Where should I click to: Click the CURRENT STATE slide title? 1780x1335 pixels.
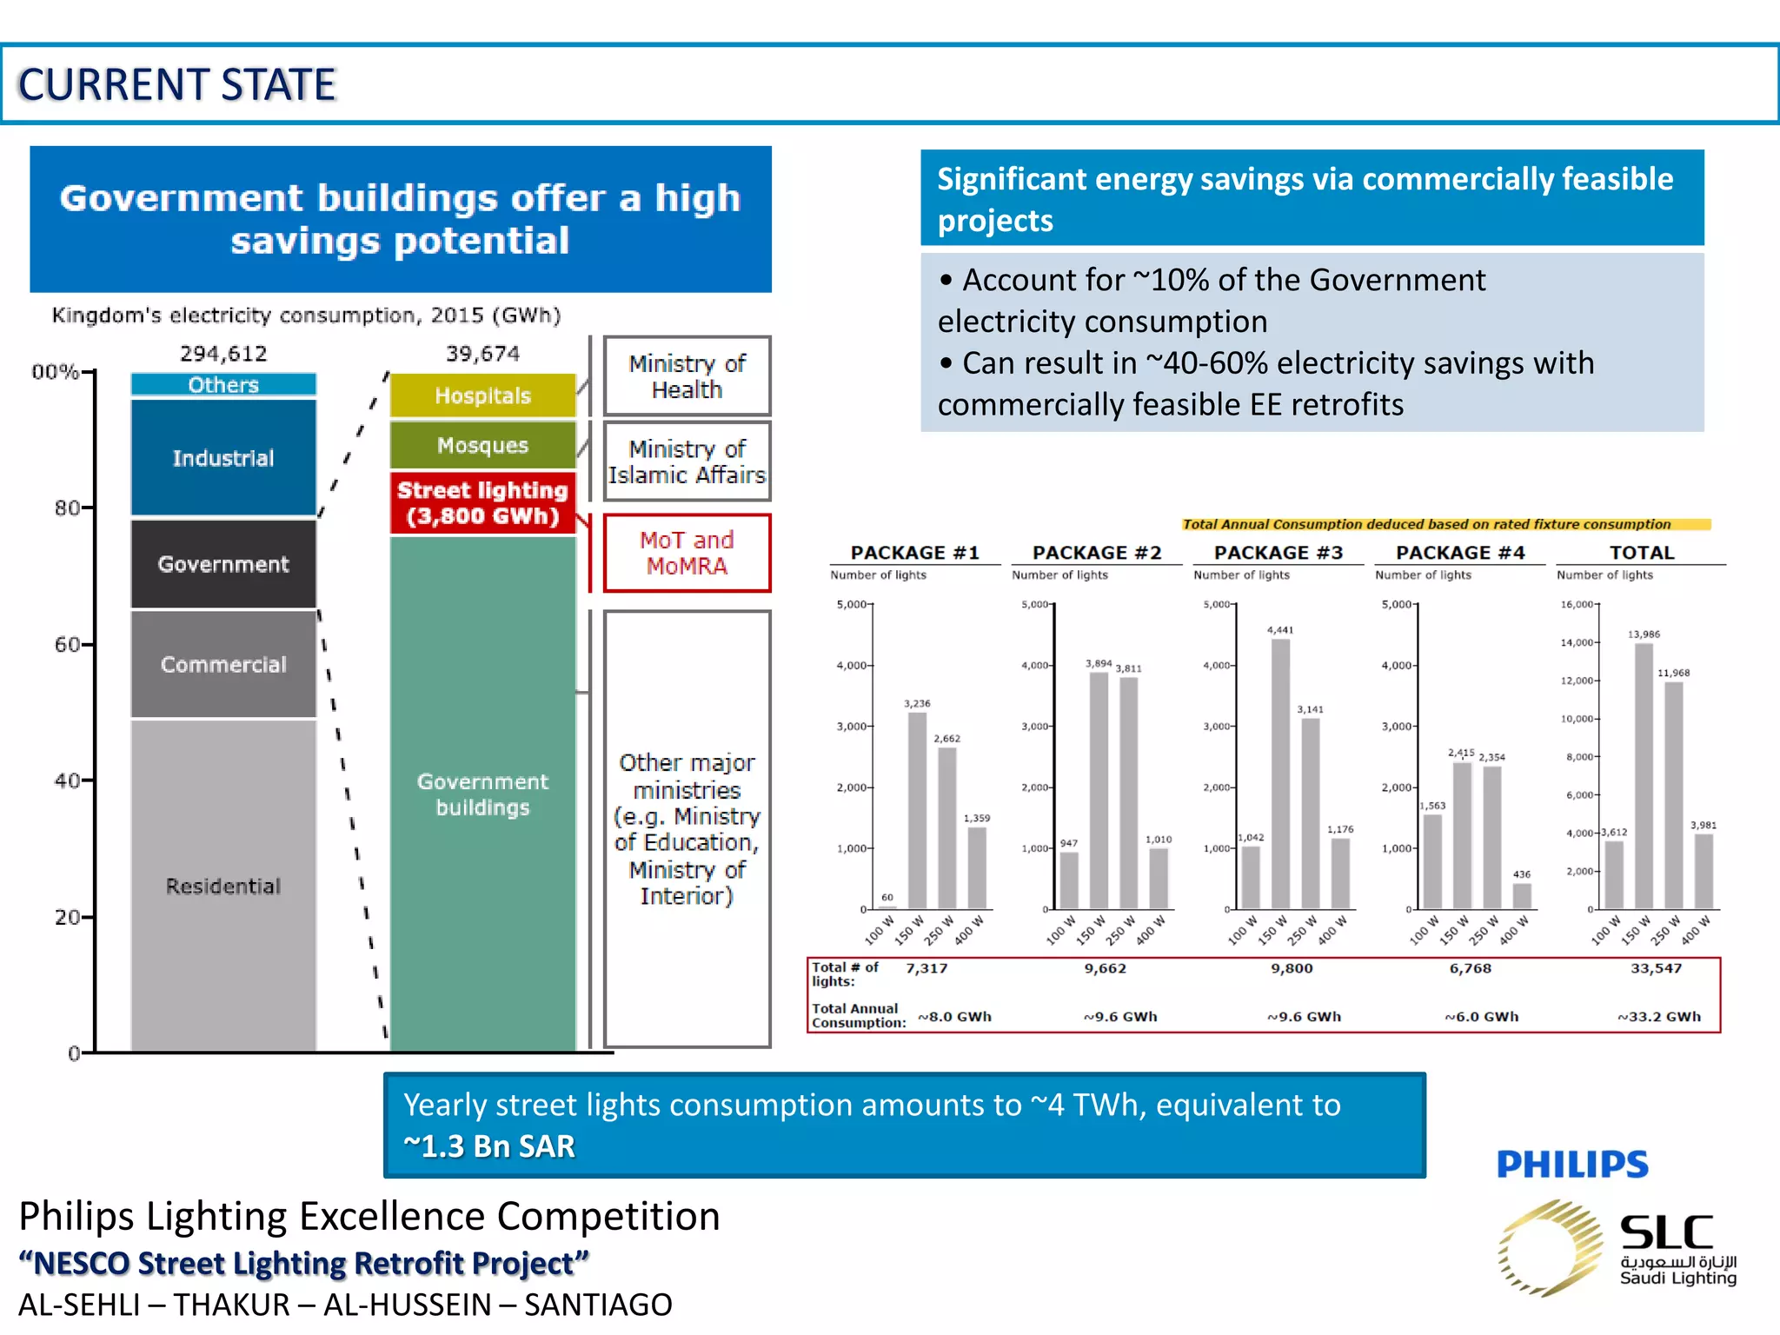(x=177, y=85)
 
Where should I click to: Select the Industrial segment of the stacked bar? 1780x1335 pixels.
(x=223, y=458)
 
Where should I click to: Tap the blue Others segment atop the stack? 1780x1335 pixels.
(x=223, y=385)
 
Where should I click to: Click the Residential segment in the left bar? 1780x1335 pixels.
(x=223, y=886)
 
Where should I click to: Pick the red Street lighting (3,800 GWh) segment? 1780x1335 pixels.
(x=482, y=503)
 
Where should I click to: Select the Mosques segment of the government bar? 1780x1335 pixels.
(x=482, y=445)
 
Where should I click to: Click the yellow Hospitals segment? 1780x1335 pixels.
(x=482, y=395)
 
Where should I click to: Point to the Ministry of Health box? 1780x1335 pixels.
(x=687, y=376)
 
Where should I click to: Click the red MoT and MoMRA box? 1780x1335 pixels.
(x=687, y=553)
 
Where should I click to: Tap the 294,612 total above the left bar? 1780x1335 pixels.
(x=223, y=354)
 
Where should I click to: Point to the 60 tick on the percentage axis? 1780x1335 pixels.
(x=68, y=644)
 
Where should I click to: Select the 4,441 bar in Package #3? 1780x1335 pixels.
(x=1280, y=774)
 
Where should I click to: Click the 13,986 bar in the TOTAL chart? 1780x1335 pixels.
(x=1644, y=775)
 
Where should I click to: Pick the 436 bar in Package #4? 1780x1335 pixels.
(x=1522, y=896)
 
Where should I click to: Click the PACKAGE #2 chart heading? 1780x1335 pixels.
(x=1097, y=553)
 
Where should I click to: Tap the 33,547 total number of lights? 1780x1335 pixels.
(x=1656, y=968)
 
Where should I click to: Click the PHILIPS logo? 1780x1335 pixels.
(x=1572, y=1165)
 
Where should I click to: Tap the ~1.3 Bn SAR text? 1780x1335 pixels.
(x=489, y=1146)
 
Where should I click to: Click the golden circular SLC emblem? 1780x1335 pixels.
(x=1550, y=1249)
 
